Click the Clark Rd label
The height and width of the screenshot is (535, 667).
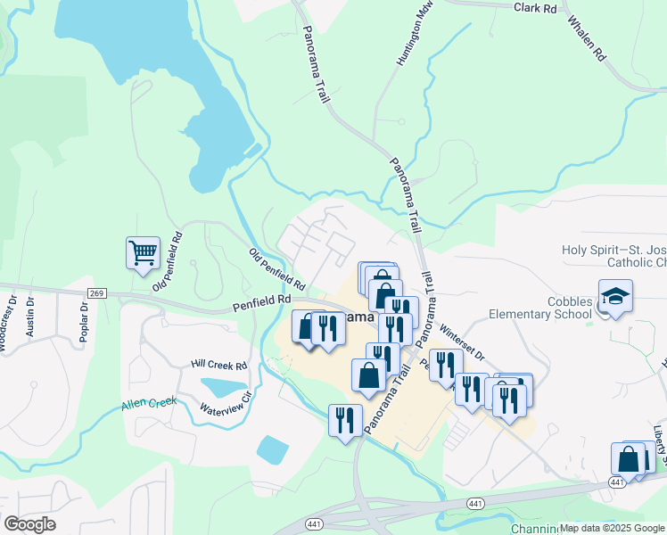[x=535, y=8]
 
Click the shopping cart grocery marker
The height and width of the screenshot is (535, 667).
[x=143, y=253]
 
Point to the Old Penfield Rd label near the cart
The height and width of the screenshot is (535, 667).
[x=167, y=260]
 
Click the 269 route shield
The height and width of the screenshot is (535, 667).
[x=97, y=293]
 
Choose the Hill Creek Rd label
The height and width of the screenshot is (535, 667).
[x=218, y=365]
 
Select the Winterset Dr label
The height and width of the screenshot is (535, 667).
[x=461, y=341]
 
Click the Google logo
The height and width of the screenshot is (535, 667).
[x=30, y=523]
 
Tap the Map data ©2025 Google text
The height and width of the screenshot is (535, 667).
[x=612, y=528]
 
